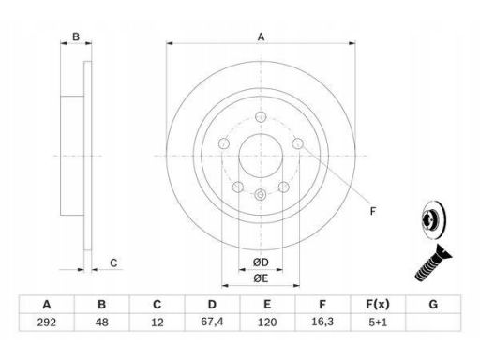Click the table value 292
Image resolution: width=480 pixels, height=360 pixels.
(47, 322)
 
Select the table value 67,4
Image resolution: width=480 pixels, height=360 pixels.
(212, 322)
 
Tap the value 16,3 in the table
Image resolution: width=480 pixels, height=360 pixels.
(322, 322)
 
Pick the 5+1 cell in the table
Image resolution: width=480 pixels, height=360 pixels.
(378, 322)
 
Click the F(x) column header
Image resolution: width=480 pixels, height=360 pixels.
(378, 304)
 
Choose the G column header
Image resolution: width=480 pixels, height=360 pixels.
(433, 304)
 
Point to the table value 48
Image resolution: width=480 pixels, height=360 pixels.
(101, 322)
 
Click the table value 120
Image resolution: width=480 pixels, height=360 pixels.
(267, 322)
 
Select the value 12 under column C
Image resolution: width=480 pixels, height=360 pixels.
(157, 322)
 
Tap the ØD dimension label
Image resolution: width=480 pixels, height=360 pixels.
(261, 262)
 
